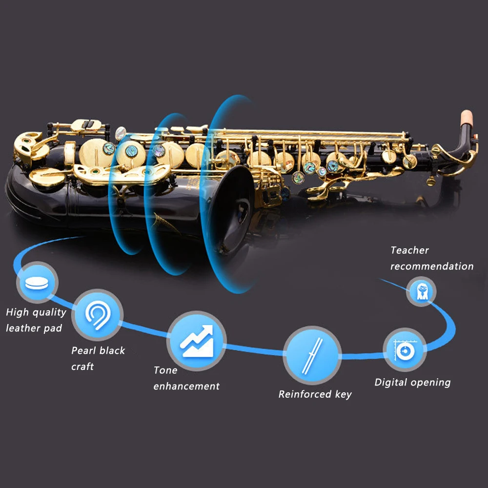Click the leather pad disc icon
pos(37,283)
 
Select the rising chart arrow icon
pos(196,340)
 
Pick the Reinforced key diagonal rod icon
pos(311,355)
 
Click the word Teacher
pos(409,250)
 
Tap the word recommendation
pos(431,266)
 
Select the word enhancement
pos(186,386)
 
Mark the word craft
pos(82,366)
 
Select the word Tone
pos(165,370)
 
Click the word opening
pos(430,382)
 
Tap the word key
pos(343,394)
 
